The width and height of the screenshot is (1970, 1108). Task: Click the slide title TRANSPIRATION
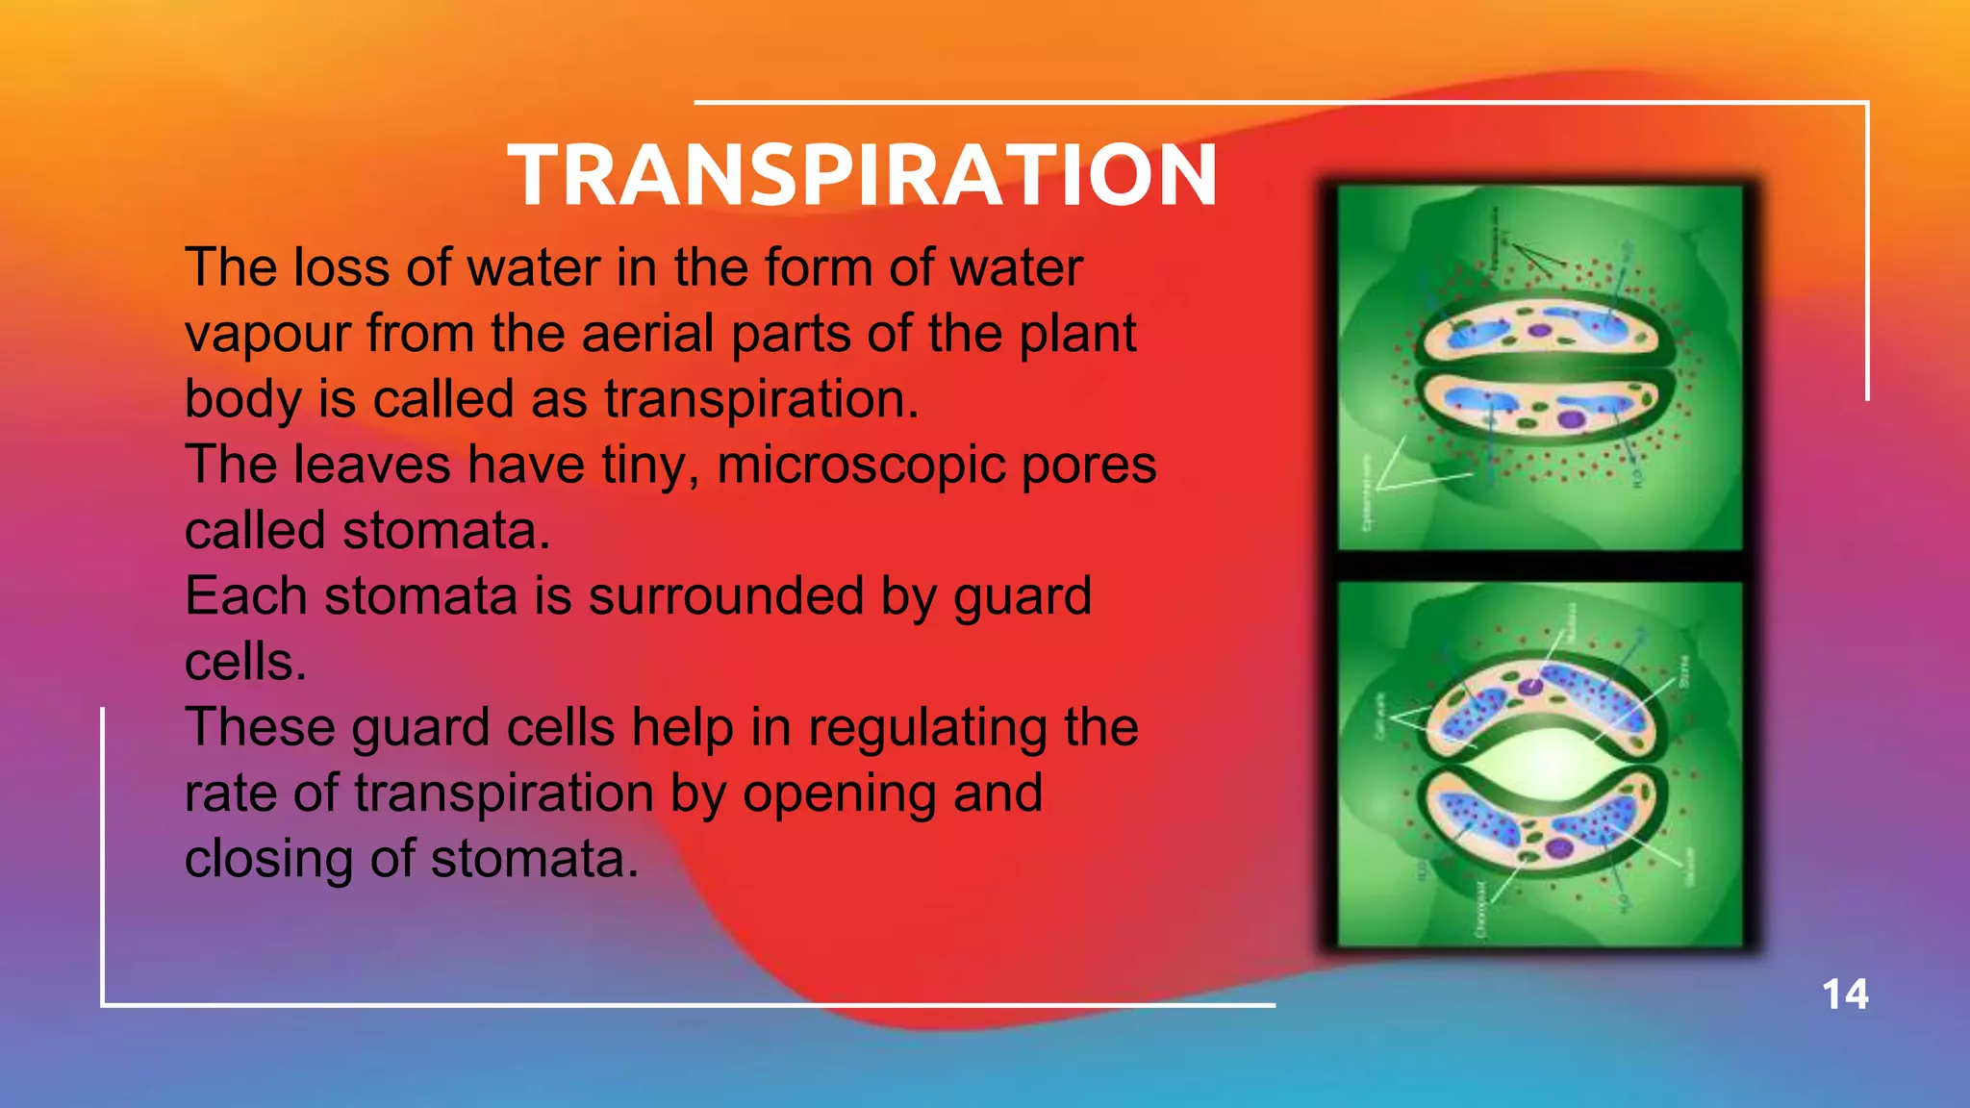tap(863, 175)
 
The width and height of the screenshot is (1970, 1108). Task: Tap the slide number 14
tap(1845, 995)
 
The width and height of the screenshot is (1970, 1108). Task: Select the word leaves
tap(371, 466)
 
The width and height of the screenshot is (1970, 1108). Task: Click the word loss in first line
tap(341, 268)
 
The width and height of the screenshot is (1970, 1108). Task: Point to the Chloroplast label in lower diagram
tap(1480, 909)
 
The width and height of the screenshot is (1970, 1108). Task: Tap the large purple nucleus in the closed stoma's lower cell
tap(1571, 418)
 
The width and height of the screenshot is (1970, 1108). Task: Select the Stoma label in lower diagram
tap(1683, 670)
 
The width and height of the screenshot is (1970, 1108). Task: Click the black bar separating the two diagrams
tap(1539, 567)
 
